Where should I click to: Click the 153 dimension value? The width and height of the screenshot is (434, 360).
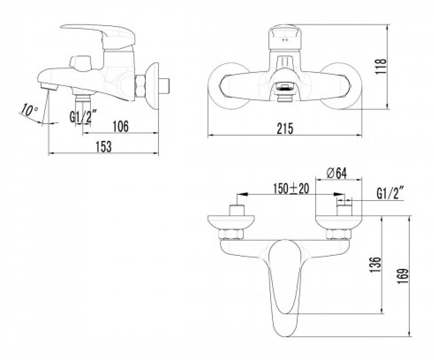point(104,146)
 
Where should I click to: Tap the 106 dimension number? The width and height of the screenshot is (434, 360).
point(121,127)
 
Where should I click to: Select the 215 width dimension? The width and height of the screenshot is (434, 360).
point(285,129)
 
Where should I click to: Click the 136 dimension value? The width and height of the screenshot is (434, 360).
point(376,265)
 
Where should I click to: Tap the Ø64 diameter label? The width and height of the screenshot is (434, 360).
point(336,174)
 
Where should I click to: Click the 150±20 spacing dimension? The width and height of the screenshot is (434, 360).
point(291,189)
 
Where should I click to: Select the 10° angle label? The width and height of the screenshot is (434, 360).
point(29,110)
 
